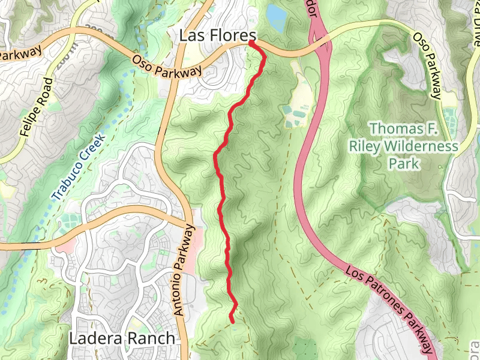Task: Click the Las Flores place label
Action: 218,36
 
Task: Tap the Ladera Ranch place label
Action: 122,338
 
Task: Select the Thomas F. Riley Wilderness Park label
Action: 404,146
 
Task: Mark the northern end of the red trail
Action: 250,43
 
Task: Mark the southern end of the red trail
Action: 232,320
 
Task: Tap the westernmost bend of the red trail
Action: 215,155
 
